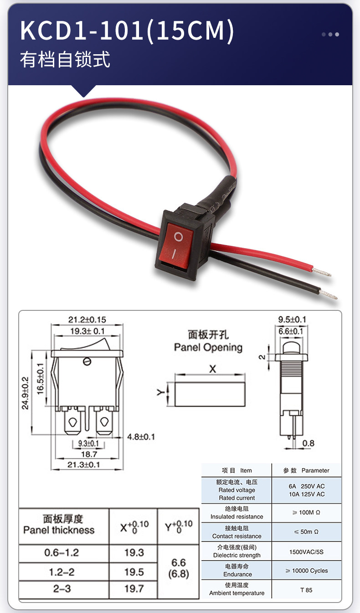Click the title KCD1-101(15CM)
pyautogui.click(x=127, y=31)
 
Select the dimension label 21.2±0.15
pyautogui.click(x=87, y=319)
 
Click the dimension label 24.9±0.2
pyautogui.click(x=26, y=393)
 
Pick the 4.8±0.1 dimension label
pyautogui.click(x=141, y=437)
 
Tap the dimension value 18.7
pyautogui.click(x=88, y=454)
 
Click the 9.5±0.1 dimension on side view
pyautogui.click(x=292, y=319)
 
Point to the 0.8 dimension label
pyautogui.click(x=308, y=443)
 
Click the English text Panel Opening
pyautogui.click(x=208, y=347)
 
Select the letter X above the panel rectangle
pyautogui.click(x=212, y=369)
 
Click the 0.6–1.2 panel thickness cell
pyautogui.click(x=62, y=553)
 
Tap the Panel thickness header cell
pyautogui.click(x=63, y=525)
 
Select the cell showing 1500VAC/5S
pyautogui.click(x=306, y=551)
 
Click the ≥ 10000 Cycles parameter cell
pyautogui.click(x=306, y=571)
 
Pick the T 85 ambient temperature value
pyautogui.click(x=306, y=590)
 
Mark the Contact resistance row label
pyautogui.click(x=237, y=532)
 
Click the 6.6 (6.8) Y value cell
pyautogui.click(x=178, y=568)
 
